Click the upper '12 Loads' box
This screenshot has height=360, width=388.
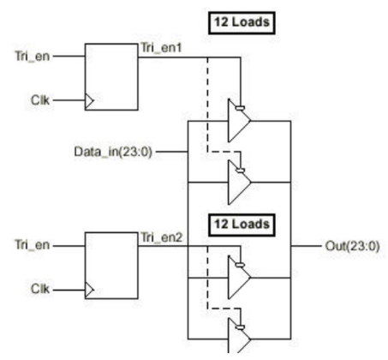pyautogui.click(x=242, y=23)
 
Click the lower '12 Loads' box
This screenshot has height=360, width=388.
pyautogui.click(x=242, y=225)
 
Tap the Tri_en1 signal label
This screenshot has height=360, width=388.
pyautogui.click(x=161, y=48)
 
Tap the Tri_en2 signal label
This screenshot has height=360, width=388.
pyautogui.click(x=162, y=237)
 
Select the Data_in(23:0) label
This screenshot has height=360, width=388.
pyautogui.click(x=113, y=152)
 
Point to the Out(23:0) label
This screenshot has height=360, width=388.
pyautogui.click(x=353, y=246)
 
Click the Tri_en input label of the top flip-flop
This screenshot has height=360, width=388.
pyautogui.click(x=33, y=57)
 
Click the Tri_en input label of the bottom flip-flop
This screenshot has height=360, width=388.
pyautogui.click(x=33, y=245)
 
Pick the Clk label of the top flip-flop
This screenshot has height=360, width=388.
pyautogui.click(x=40, y=100)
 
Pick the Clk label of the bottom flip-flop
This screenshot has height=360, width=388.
pyautogui.click(x=40, y=289)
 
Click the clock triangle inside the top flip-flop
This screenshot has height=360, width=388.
pyautogui.click(x=89, y=100)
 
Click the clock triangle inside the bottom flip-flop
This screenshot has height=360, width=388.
pyautogui.click(x=89, y=290)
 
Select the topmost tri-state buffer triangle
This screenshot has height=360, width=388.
pyautogui.click(x=239, y=121)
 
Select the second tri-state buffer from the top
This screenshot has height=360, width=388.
pyautogui.click(x=239, y=182)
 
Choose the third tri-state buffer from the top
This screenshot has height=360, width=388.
pyautogui.click(x=239, y=277)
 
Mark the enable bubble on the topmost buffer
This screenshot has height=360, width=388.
pyautogui.click(x=240, y=108)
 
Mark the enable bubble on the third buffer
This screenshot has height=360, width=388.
pyautogui.click(x=240, y=265)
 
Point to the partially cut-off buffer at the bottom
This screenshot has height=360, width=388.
pyautogui.click(x=239, y=336)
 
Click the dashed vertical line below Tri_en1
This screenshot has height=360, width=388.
pyautogui.click(x=207, y=105)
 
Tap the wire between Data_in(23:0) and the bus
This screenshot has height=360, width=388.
pyautogui.click(x=171, y=152)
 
